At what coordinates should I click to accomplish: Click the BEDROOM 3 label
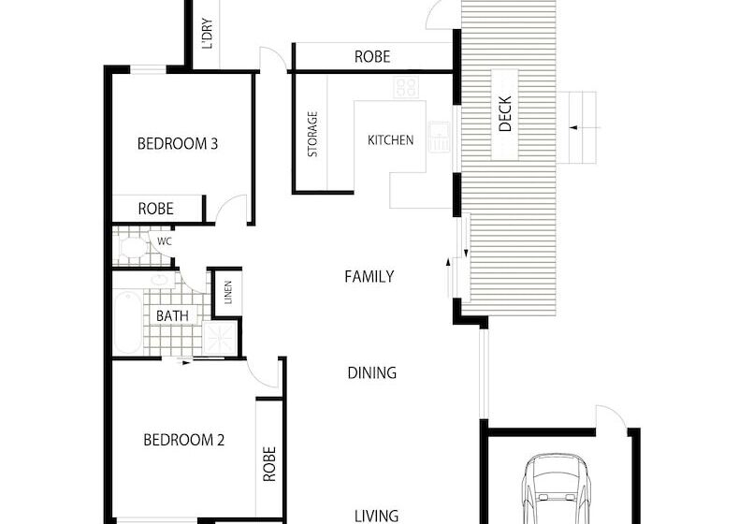tap(177, 144)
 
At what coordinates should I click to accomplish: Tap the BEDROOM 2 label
tap(183, 440)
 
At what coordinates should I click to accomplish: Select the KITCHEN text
tap(390, 140)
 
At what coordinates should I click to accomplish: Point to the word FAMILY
tap(369, 277)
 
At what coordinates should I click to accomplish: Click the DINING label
tap(371, 372)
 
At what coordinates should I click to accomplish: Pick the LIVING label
tap(377, 515)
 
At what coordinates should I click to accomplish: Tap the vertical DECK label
tap(505, 115)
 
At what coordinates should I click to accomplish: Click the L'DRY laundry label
tap(207, 35)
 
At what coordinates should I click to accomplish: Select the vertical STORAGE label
tap(312, 135)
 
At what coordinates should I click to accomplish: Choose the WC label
tap(164, 241)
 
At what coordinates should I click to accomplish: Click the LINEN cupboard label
tap(227, 294)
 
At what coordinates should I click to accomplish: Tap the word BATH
tap(172, 316)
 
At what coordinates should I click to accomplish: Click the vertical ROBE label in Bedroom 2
tap(269, 463)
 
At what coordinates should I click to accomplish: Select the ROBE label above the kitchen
tap(371, 57)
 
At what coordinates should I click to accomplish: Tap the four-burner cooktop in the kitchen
tap(406, 88)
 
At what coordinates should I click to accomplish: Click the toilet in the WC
tap(132, 247)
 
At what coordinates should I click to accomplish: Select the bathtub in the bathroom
tap(127, 322)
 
